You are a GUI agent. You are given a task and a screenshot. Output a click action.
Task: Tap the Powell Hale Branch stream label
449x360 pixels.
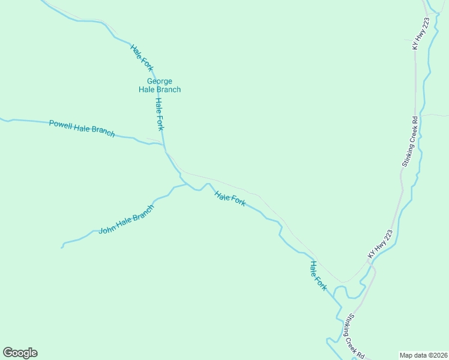coord(82,128)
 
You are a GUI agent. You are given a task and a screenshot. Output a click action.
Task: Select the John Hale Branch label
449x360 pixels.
coord(127,219)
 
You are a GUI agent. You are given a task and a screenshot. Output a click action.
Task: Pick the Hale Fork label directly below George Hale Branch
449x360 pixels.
coord(159,113)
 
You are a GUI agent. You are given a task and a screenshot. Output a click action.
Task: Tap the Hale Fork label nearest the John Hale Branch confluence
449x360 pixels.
coord(230,199)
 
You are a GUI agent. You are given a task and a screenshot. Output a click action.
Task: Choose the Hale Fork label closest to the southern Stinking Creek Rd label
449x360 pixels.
coord(318,275)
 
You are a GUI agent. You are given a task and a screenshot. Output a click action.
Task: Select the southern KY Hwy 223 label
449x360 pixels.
coord(381,245)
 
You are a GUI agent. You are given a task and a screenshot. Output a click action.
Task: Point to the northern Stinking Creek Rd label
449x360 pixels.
coord(409,142)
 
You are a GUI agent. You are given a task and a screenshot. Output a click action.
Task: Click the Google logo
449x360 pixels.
coord(20,353)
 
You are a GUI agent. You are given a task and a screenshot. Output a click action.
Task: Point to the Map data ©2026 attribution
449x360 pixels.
coord(424,355)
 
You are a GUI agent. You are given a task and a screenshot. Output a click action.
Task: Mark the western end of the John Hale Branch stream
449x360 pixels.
coord(62,247)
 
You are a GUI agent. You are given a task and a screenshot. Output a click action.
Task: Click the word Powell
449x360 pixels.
coord(61,124)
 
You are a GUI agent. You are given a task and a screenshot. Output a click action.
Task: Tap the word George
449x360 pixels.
coord(160,81)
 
